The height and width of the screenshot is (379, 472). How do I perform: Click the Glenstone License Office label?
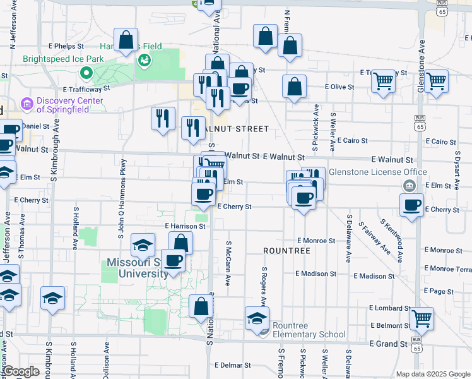(x=391, y=172)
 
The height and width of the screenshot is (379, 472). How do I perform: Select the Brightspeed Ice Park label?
(x=63, y=59)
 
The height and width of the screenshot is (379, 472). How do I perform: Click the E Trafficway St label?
(x=86, y=89)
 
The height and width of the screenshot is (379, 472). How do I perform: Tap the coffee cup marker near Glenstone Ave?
(x=411, y=205)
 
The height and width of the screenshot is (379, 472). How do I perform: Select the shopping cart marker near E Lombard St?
(x=422, y=317)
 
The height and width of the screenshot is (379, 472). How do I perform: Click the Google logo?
(x=21, y=371)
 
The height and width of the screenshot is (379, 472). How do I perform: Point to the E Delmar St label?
(x=232, y=365)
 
